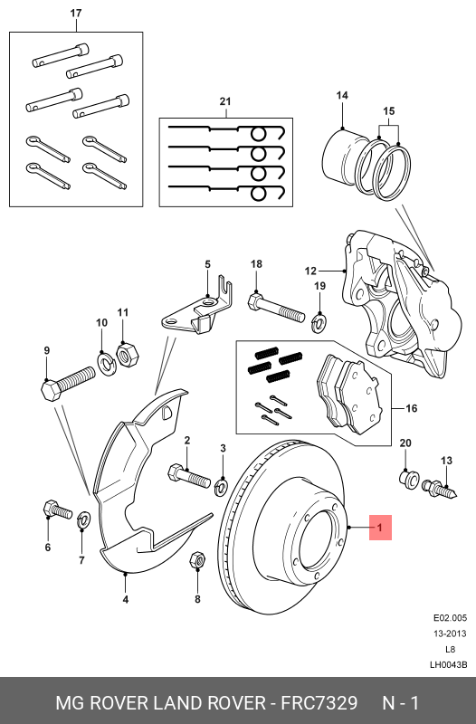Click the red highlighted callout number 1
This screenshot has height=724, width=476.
[380, 528]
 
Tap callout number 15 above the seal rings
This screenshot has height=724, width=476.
[389, 112]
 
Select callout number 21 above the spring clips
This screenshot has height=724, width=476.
[225, 101]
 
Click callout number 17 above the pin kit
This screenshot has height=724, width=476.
[76, 14]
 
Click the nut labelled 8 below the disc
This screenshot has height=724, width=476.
[197, 563]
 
